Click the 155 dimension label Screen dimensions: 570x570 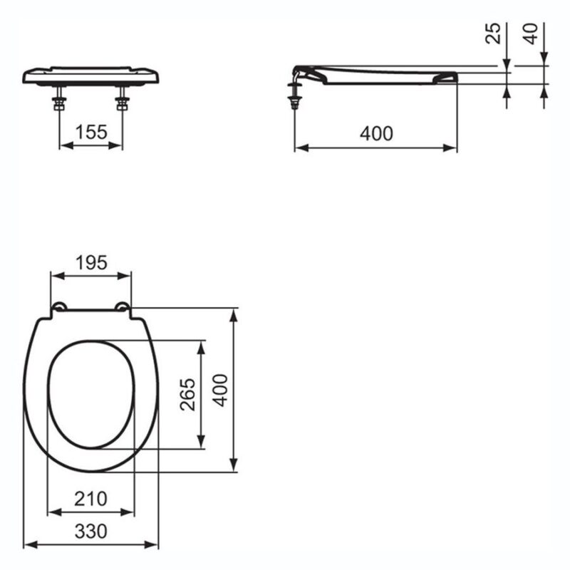(91, 132)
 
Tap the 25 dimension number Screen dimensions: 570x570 (493, 33)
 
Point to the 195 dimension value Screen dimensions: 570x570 (91, 262)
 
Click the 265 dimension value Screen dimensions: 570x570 (187, 395)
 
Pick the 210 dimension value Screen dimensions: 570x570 (90, 499)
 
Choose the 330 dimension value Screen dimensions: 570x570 (91, 532)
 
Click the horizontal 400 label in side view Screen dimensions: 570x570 (377, 134)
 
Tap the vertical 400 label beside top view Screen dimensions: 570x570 (220, 390)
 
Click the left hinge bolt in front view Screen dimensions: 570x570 (59, 98)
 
